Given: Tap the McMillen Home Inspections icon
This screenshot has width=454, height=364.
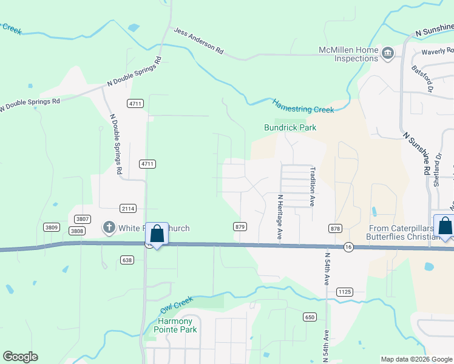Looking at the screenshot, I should [x=387, y=54].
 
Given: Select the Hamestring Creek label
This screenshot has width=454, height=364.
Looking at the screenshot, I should [x=303, y=106].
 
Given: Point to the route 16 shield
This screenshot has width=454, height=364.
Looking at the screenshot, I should [x=348, y=247].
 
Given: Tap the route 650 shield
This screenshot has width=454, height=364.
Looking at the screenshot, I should [x=310, y=317].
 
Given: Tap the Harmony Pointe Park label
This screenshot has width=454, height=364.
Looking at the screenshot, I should [x=175, y=325].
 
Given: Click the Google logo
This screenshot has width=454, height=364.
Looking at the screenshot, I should [x=20, y=357].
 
